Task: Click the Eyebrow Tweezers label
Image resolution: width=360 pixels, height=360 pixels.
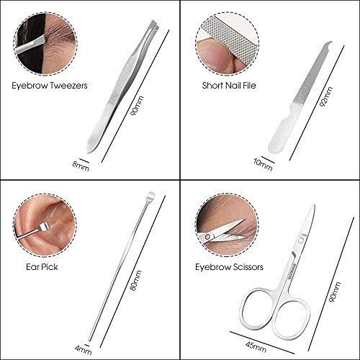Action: [x=50, y=86]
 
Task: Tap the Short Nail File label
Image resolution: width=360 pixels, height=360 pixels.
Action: [x=229, y=86]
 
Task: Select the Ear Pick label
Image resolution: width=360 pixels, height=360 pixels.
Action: [x=42, y=267]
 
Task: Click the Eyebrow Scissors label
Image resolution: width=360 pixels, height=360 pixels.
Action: [x=229, y=267]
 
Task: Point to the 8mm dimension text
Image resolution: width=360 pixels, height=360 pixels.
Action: [x=81, y=166]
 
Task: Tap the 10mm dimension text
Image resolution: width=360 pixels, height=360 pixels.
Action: [x=263, y=164]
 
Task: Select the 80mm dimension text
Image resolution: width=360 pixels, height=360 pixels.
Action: [x=136, y=280]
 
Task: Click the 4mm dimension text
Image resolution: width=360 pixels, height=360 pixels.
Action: [x=84, y=350]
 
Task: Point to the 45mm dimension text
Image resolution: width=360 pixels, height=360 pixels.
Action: [x=256, y=346]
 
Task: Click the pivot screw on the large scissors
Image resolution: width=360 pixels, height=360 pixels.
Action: [x=300, y=240]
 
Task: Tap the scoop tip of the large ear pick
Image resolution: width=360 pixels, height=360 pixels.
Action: [x=151, y=195]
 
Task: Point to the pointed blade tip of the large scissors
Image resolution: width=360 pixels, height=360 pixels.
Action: [x=314, y=206]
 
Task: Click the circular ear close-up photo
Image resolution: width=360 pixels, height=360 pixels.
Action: [x=45, y=225]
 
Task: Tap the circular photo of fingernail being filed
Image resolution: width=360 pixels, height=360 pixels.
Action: [x=227, y=44]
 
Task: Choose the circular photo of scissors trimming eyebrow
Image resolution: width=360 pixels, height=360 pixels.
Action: [x=227, y=225]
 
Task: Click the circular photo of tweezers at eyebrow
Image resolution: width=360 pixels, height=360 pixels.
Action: [x=45, y=44]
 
